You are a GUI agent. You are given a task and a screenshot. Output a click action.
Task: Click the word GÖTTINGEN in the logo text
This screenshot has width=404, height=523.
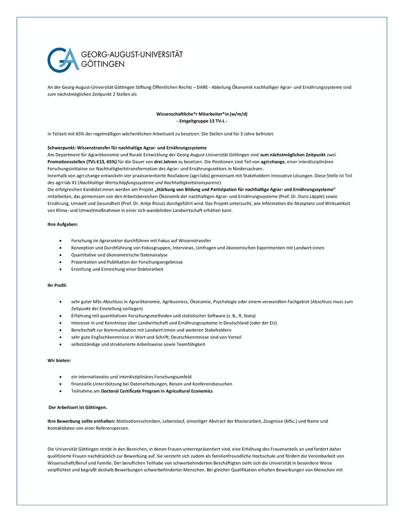click(x=103, y=64)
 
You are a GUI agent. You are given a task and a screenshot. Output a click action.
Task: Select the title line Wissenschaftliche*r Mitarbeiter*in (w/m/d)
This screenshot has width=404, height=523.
click(x=202, y=114)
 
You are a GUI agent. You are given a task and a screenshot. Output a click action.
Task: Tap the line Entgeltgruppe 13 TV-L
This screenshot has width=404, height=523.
click(x=202, y=121)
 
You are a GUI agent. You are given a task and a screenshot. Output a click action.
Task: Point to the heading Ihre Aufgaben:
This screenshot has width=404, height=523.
click(x=59, y=225)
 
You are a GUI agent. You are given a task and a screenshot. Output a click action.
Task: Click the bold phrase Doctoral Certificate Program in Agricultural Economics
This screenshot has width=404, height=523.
click(x=157, y=391)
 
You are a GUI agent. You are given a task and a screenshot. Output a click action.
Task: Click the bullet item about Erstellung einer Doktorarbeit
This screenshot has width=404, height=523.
click(x=117, y=269)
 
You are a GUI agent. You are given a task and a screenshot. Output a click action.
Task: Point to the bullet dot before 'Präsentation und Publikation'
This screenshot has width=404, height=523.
click(x=60, y=262)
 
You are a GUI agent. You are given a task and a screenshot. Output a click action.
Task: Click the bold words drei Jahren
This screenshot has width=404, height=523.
click(x=166, y=162)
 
